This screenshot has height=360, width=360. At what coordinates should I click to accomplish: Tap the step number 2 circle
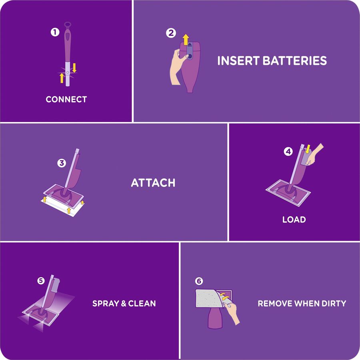(x=171, y=34)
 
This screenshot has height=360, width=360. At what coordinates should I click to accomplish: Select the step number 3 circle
(x=61, y=163)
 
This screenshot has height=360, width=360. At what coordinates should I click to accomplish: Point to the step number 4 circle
(x=288, y=152)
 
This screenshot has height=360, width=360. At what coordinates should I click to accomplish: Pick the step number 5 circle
(x=41, y=281)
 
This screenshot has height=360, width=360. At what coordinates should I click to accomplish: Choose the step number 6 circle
(x=199, y=281)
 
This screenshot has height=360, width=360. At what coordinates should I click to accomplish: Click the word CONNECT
(x=66, y=100)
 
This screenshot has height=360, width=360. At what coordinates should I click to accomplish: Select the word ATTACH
(x=153, y=183)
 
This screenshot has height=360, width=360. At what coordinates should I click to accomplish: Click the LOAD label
(x=294, y=220)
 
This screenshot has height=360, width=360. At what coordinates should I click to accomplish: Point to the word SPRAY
(x=106, y=303)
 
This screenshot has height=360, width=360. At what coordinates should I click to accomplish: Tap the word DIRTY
(x=333, y=303)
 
